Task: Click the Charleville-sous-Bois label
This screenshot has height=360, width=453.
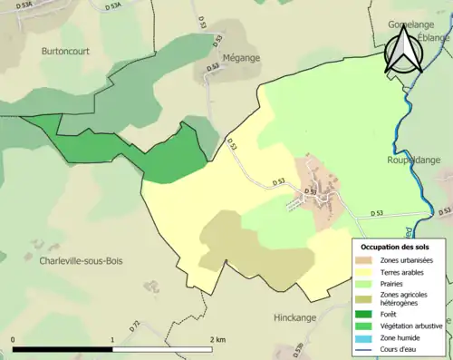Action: coord(81,260)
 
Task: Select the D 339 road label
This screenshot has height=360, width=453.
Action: coord(298,350)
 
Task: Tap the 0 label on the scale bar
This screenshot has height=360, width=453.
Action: coord(14,339)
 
